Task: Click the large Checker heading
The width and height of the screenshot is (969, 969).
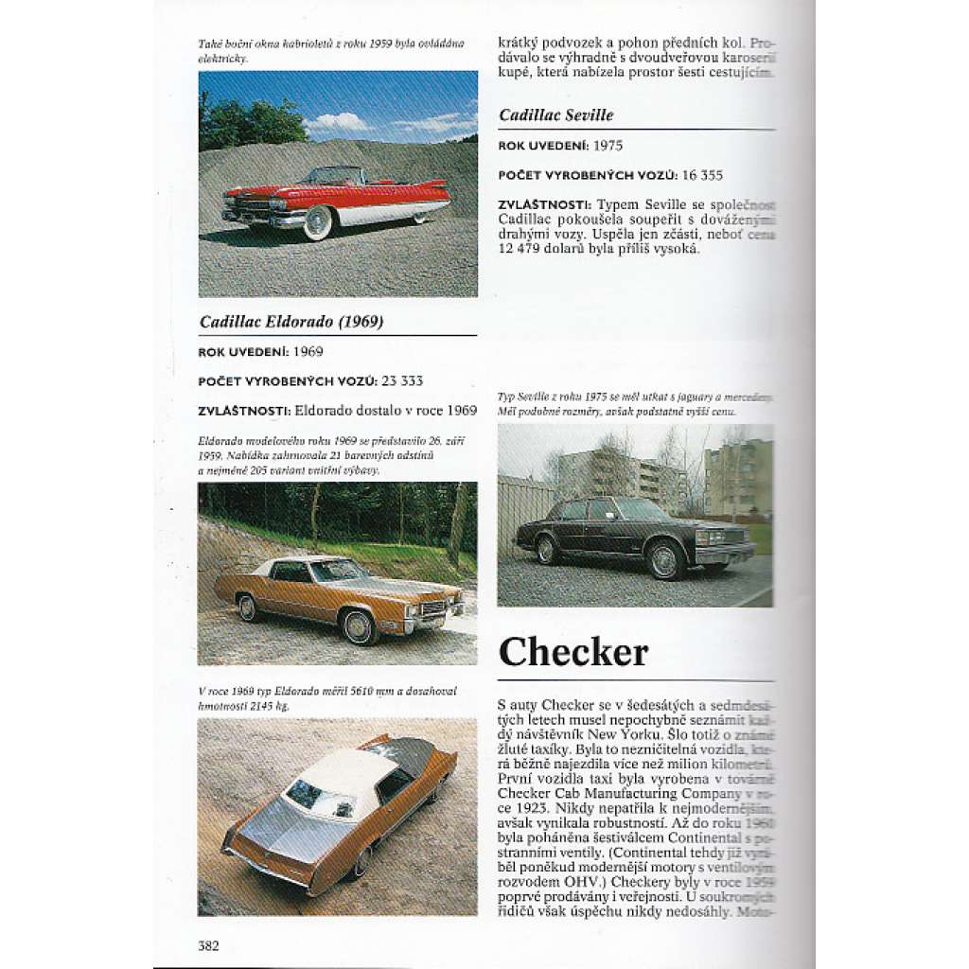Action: [x=573, y=652]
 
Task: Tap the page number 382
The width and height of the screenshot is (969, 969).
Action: [x=208, y=944]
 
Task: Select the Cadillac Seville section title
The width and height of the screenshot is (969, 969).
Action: [x=556, y=115]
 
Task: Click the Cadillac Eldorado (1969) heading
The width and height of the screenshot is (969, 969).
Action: [x=291, y=322]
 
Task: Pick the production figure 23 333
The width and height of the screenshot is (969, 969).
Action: [x=402, y=380]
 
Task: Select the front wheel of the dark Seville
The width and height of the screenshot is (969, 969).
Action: [x=664, y=559]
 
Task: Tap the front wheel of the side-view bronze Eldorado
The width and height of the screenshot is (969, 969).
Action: [x=359, y=625]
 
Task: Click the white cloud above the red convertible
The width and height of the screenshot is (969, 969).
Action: [x=338, y=122]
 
